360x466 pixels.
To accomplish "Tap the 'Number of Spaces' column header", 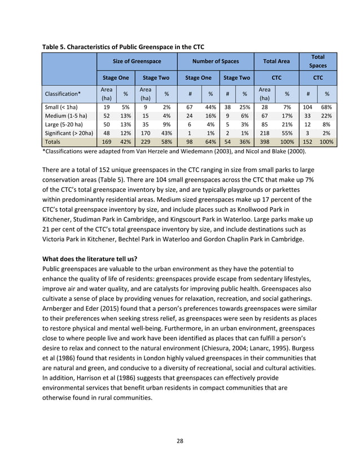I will pyautogui.click(x=215, y=61).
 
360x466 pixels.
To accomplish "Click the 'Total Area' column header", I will pyautogui.click(x=276, y=61).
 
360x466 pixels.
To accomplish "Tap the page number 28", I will pyautogui.click(x=180, y=440).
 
